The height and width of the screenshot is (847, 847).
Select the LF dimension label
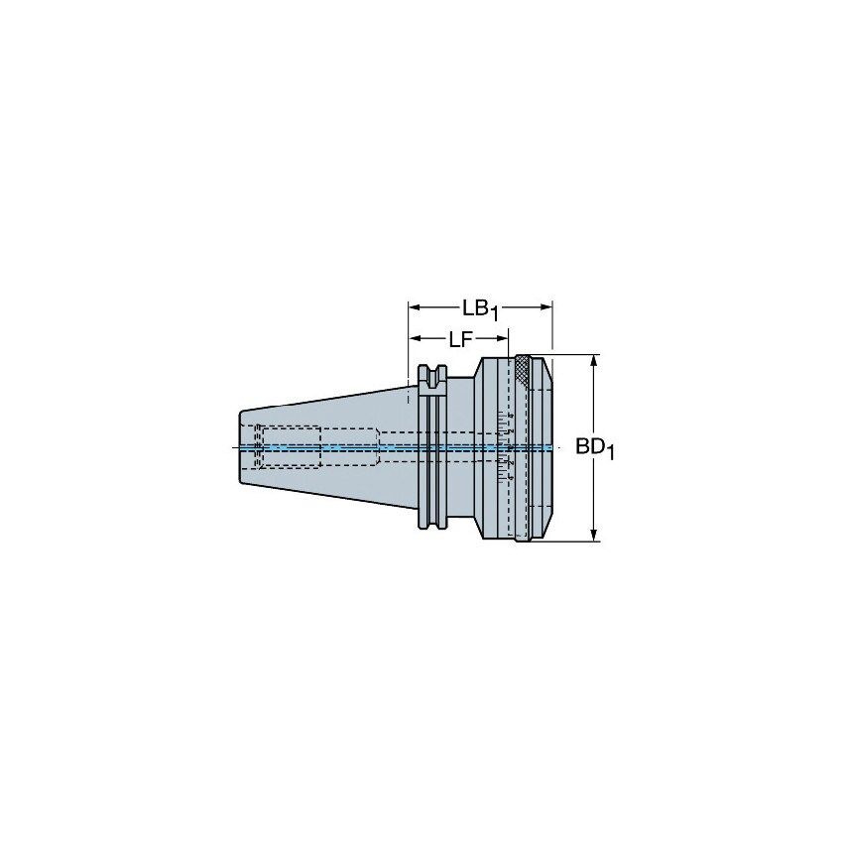pyautogui.click(x=458, y=339)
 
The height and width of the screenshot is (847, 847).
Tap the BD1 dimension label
pyautogui.click(x=595, y=449)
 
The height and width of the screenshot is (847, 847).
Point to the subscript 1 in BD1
pyautogui.click(x=612, y=455)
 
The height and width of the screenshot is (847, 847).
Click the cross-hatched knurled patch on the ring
pyautogui.click(x=522, y=371)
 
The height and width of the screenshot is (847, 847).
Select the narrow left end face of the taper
pyautogui.click(x=240, y=448)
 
